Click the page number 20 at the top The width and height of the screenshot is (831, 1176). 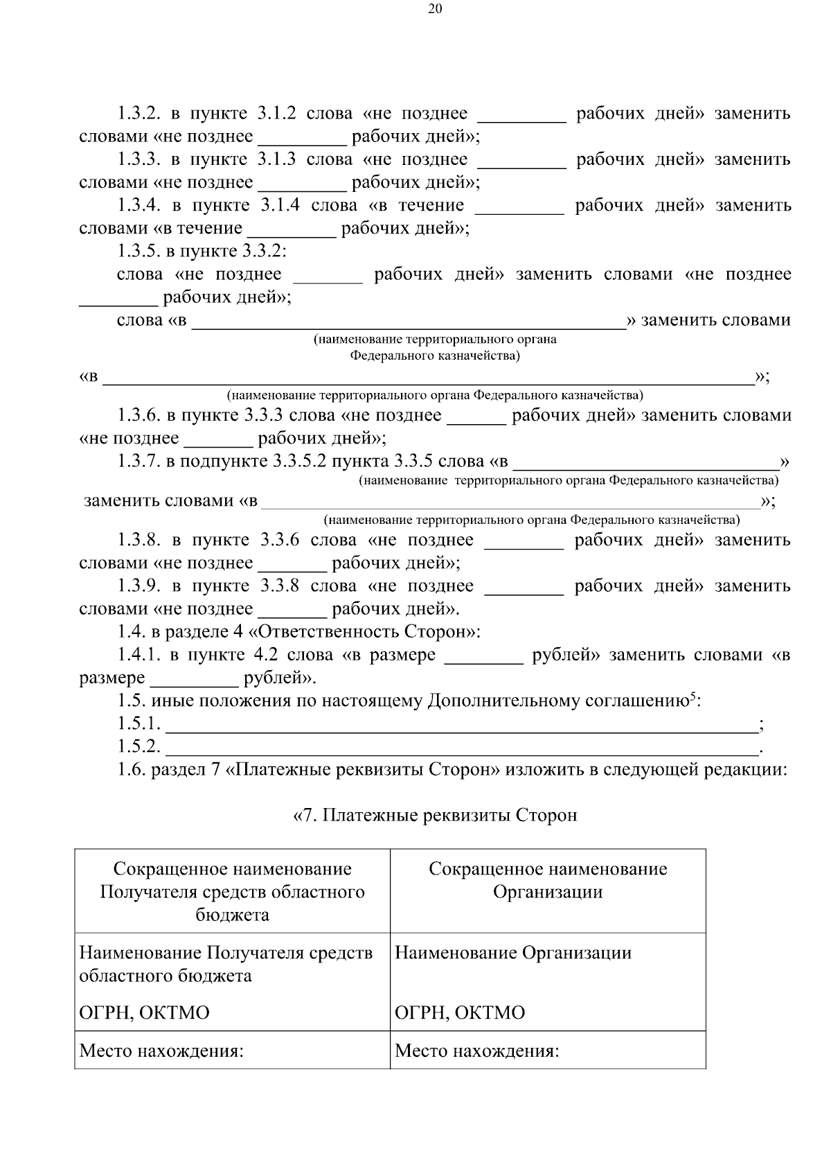435,9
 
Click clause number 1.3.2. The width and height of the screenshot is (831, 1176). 138,114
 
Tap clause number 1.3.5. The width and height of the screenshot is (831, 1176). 138,251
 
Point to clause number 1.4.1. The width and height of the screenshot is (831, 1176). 138,655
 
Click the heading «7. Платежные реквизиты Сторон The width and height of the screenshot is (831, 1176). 435,815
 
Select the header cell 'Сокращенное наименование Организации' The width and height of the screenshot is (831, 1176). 548,880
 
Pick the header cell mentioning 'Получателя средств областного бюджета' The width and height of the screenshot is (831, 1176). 232,892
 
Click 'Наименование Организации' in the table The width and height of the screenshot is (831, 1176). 513,953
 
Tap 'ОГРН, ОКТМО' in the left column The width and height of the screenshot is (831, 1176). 144,1013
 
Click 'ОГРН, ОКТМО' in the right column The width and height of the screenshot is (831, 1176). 460,1013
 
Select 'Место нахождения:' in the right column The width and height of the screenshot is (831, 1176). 476,1051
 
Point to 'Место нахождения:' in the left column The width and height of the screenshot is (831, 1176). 161,1051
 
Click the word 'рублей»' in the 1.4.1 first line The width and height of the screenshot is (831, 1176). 565,655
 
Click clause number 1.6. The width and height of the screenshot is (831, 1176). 132,770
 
